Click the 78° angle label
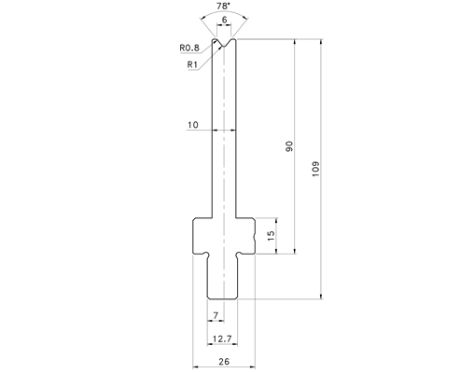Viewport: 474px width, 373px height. click(x=224, y=6)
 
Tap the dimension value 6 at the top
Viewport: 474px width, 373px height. click(x=224, y=20)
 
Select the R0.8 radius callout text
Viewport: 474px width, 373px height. click(x=189, y=48)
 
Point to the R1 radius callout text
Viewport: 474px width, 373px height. click(x=192, y=64)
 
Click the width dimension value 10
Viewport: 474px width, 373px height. click(x=193, y=125)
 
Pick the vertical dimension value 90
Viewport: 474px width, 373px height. click(x=289, y=146)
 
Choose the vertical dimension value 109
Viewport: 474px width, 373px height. click(x=315, y=169)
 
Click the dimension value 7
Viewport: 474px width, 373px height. click(x=216, y=315)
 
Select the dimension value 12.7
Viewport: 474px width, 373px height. click(x=222, y=338)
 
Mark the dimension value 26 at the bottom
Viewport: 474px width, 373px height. click(x=224, y=362)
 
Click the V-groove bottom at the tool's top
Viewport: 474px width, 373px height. click(x=224, y=47)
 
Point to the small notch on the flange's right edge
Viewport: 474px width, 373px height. click(x=255, y=239)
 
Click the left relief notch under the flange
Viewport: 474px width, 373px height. click(x=206, y=255)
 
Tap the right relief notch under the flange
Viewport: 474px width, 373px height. click(x=240, y=255)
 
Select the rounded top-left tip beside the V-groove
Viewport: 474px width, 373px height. click(x=215, y=40)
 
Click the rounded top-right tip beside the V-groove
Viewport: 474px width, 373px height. click(x=233, y=40)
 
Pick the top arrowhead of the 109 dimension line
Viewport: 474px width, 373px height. click(x=321, y=42)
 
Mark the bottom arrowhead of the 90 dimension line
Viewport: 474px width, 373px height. click(x=295, y=251)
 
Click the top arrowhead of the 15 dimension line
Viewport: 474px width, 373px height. click(x=276, y=221)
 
